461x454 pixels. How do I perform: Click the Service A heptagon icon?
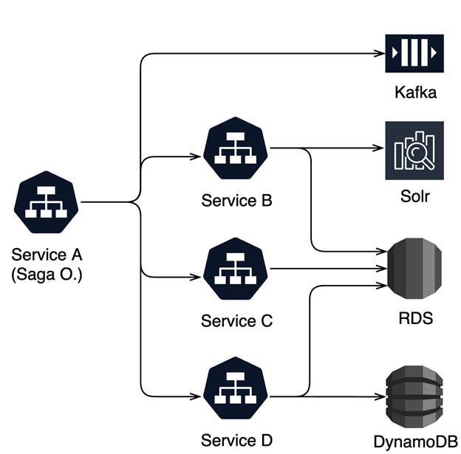pyautogui.click(x=47, y=202)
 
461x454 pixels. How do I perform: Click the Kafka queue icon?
pyautogui.click(x=414, y=54)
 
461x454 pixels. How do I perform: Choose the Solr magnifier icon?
pyautogui.click(x=414, y=151)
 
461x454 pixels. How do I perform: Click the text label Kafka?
pyautogui.click(x=414, y=93)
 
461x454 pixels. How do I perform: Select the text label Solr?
pyautogui.click(x=414, y=197)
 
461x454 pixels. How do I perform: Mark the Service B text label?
pyautogui.click(x=236, y=200)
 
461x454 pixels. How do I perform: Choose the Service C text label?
pyautogui.click(x=236, y=321)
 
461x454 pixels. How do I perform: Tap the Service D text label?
pyautogui.click(x=236, y=441)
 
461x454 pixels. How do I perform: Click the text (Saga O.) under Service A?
pyautogui.click(x=47, y=274)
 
